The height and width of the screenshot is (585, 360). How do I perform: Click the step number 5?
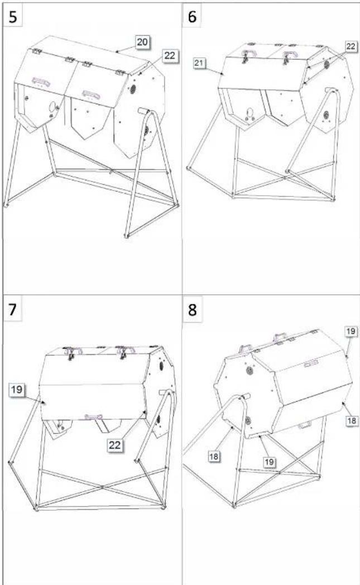point(12,17)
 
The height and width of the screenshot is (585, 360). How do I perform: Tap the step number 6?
point(192,17)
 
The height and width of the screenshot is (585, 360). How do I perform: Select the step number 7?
point(12,310)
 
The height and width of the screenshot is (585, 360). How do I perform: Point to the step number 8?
point(192,310)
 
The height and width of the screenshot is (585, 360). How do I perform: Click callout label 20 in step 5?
point(142,42)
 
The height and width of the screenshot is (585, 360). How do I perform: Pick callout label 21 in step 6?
point(199,63)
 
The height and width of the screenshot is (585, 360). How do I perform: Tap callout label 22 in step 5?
point(169,56)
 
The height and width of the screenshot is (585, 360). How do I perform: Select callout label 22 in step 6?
point(351,46)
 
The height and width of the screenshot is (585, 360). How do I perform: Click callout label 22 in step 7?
point(114,445)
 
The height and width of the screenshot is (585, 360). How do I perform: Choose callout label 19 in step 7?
point(16,390)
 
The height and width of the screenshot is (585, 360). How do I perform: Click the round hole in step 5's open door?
point(52,107)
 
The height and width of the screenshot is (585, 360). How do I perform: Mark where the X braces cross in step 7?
point(102,487)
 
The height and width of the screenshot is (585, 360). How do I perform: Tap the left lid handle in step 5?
point(41,81)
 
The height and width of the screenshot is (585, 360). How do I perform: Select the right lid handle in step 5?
point(90,94)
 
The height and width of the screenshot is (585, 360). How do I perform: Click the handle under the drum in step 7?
point(93,417)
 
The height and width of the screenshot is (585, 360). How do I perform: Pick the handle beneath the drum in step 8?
point(304,425)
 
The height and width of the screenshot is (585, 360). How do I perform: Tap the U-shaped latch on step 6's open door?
point(250,113)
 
